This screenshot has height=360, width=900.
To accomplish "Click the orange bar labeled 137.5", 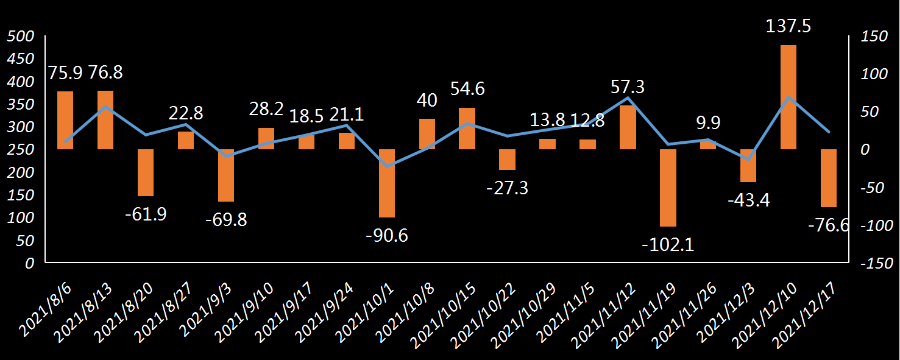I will [788, 97].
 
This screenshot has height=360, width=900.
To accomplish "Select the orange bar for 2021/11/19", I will [668, 188].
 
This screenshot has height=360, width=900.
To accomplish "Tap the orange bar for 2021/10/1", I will [387, 183].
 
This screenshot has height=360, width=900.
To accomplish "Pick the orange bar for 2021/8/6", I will [65, 120].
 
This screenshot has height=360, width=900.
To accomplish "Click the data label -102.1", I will [668, 244].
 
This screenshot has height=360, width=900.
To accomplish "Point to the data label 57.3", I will [628, 87].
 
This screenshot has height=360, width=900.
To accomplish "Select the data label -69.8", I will [226, 219].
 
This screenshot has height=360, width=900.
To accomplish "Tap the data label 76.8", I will [105, 72].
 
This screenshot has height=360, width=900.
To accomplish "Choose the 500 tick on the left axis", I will [20, 37].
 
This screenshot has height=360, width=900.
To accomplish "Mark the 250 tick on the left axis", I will [20, 150].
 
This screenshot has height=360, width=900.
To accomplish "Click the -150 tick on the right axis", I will [876, 263].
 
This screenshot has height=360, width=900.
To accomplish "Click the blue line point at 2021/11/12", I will [628, 97].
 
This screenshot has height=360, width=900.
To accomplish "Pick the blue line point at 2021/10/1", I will [387, 166].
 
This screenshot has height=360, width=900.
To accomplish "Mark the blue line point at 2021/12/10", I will [788, 97].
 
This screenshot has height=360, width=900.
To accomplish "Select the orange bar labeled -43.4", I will [748, 166].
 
